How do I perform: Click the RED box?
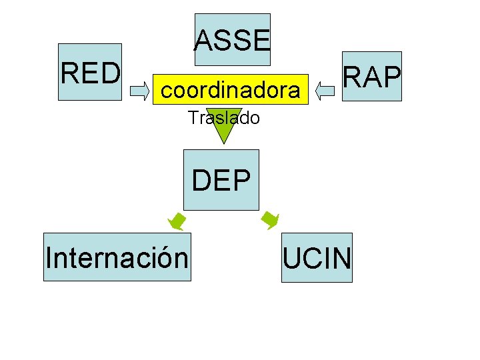click(x=90, y=72)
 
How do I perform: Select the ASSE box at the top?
click(x=232, y=40)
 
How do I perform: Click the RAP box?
click(x=371, y=77)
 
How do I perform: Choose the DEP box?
click(x=221, y=181)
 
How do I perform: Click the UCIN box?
click(x=317, y=258)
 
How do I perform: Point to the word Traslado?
click(x=223, y=119)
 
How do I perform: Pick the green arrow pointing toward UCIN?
click(x=270, y=219)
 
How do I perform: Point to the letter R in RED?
click(x=69, y=72)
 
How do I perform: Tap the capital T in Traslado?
click(x=193, y=119)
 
